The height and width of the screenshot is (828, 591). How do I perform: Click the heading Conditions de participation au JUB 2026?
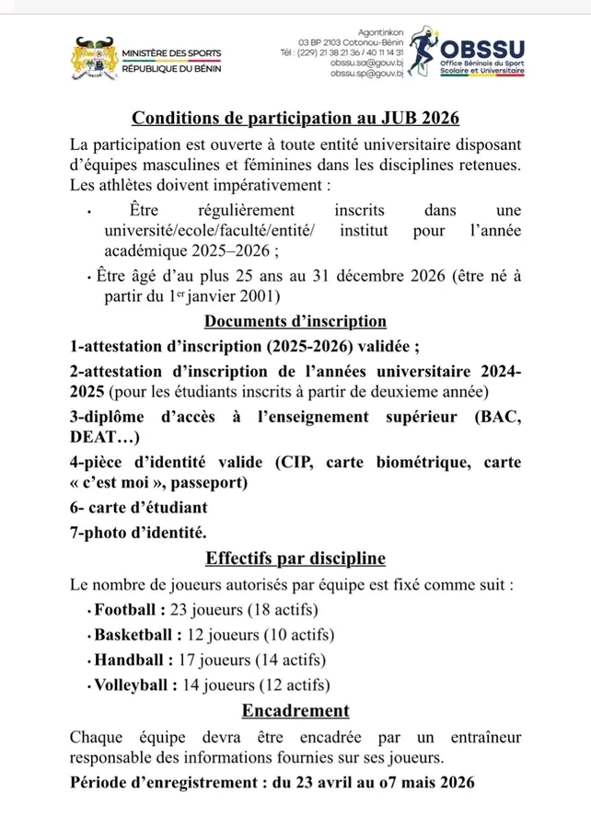[x=295, y=119]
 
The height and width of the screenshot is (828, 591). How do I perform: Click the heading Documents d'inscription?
[x=295, y=321]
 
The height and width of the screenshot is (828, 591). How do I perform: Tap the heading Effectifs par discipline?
[x=295, y=558]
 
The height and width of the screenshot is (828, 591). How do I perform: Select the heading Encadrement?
[x=295, y=710]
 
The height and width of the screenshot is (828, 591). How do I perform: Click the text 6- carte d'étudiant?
[x=139, y=507]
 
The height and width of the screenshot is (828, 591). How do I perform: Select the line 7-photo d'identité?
[x=139, y=532]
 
